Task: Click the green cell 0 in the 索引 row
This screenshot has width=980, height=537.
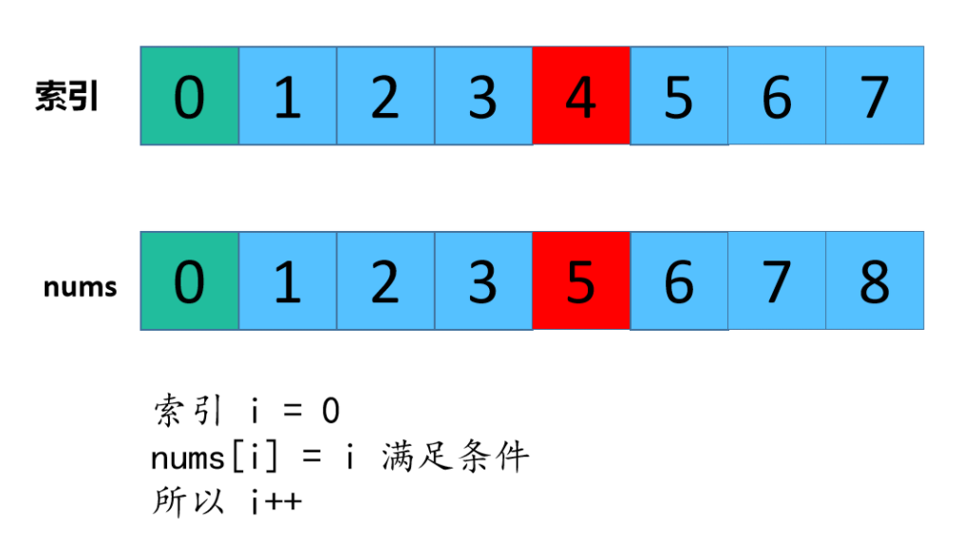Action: coord(189,96)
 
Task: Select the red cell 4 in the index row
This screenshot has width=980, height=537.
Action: coord(581,96)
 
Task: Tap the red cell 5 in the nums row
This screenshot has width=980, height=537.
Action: coord(581,281)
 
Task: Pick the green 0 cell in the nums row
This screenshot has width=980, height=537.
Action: coord(189,281)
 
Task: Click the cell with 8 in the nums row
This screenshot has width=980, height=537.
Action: coord(875,281)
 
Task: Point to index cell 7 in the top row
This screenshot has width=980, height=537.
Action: coord(875,96)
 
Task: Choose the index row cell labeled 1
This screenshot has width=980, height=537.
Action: coord(287,96)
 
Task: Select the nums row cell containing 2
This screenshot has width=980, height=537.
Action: coord(385,281)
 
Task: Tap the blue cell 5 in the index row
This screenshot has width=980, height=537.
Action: coord(679,96)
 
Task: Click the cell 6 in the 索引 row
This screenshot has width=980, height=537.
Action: coord(777,96)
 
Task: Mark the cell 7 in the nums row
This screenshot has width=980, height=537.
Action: coord(777,281)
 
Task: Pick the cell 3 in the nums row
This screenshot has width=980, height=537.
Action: coord(482,281)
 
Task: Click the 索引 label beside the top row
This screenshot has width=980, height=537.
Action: coord(67,97)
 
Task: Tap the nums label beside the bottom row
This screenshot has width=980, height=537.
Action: coord(80,287)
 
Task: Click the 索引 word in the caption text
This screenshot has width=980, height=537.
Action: coord(188,412)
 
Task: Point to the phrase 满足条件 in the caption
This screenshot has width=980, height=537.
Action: coord(454,458)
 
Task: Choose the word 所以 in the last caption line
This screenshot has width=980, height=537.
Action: coord(188,502)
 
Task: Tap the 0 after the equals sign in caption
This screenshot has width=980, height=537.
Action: coord(330,412)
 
